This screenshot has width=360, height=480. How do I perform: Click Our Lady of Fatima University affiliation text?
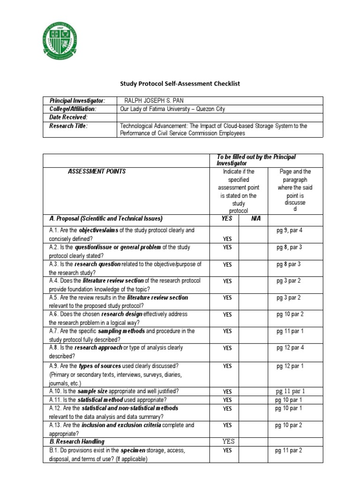172,109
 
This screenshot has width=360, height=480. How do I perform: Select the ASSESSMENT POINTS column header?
97,172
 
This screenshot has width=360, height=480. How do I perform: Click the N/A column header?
256,218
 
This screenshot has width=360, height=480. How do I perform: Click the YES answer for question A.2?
227,247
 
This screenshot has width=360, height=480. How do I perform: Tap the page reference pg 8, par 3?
289,247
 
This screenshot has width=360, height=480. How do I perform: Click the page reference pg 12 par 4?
289,348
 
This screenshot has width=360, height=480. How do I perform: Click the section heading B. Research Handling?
77,442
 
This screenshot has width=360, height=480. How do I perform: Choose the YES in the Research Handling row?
228,442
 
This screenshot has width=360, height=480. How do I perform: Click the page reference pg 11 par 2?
289,450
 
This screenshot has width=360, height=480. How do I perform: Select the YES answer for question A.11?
227,400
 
